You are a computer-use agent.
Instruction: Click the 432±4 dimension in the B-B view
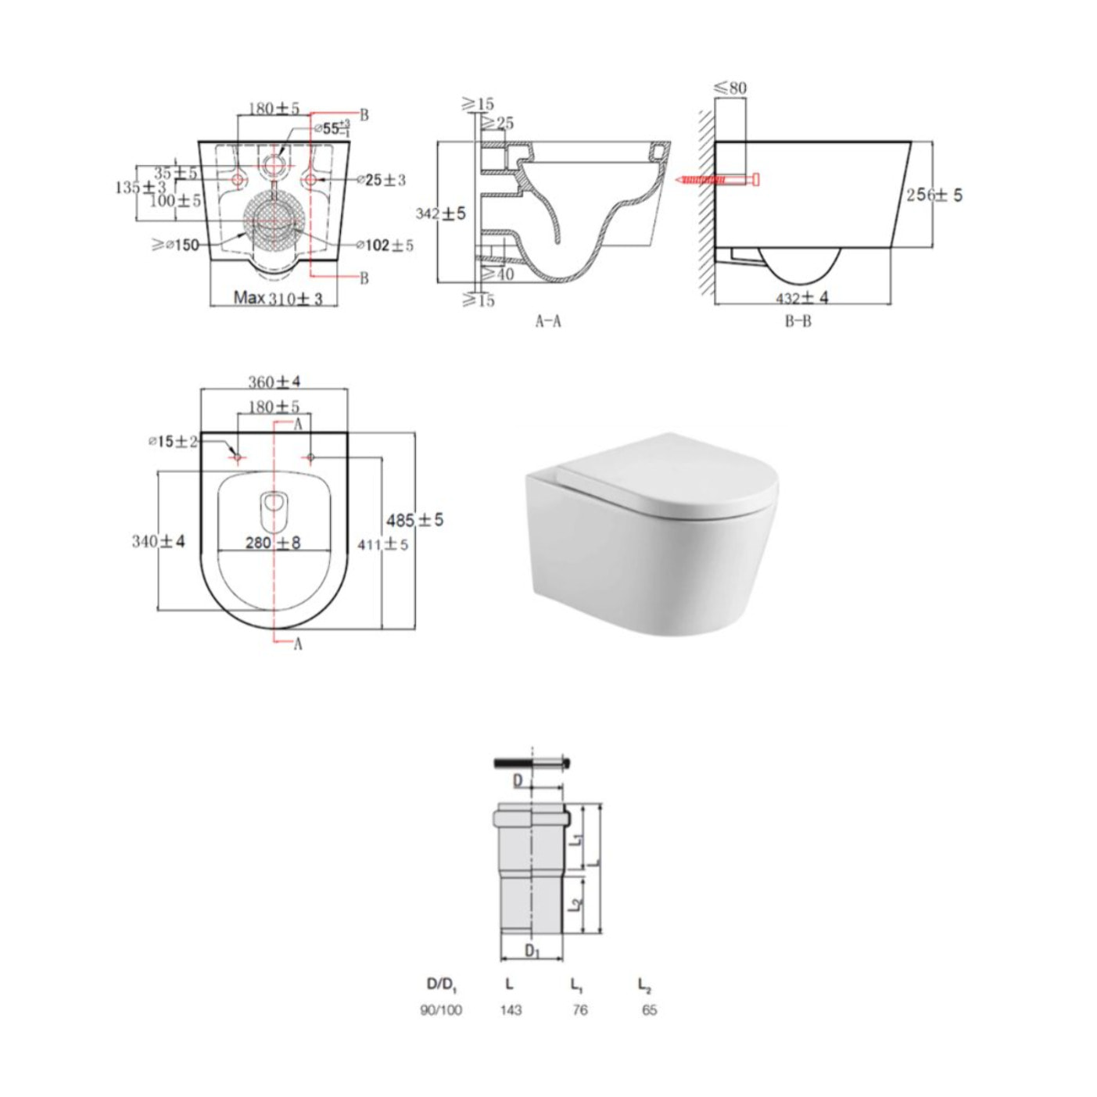(x=801, y=297)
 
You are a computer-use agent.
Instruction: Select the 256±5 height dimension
(x=934, y=195)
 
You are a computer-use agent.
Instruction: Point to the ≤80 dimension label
(x=731, y=88)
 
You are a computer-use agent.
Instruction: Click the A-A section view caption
(x=548, y=321)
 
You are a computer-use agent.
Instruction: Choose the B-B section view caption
(x=798, y=321)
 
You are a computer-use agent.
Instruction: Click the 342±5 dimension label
(x=440, y=213)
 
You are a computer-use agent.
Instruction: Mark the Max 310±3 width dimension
(x=278, y=298)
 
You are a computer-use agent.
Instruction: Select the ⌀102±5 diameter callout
(x=385, y=246)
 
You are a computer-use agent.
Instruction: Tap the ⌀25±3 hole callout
(x=382, y=180)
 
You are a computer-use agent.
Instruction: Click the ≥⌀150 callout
(x=175, y=246)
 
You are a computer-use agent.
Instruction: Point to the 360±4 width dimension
(x=274, y=382)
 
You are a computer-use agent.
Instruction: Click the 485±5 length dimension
(x=414, y=520)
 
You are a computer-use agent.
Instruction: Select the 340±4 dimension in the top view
(x=158, y=541)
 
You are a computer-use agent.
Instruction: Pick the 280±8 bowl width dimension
(x=272, y=543)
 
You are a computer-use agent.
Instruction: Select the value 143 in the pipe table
(x=511, y=1010)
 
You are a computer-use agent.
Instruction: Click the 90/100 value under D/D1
(x=441, y=1010)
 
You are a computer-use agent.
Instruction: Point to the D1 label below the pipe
(x=532, y=952)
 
